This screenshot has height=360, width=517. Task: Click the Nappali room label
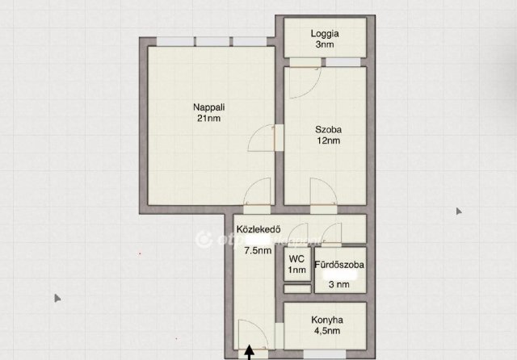pyautogui.click(x=208, y=107)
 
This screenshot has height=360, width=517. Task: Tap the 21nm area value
pyautogui.click(x=208, y=118)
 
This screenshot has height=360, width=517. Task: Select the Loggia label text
pyautogui.click(x=325, y=34)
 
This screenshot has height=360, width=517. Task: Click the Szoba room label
pyautogui.click(x=328, y=129)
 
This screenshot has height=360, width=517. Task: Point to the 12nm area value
pyautogui.click(x=329, y=140)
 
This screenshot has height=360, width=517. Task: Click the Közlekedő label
pyautogui.click(x=258, y=229)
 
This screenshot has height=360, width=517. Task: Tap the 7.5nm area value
pyautogui.click(x=258, y=251)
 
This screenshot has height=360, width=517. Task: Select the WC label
pyautogui.click(x=296, y=259)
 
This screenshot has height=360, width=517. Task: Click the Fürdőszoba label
pyautogui.click(x=339, y=265)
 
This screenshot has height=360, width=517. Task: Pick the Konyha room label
pyautogui.click(x=327, y=320)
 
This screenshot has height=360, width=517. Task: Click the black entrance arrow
pyautogui.click(x=250, y=352)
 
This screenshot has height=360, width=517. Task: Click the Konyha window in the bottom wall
pyautogui.click(x=325, y=354)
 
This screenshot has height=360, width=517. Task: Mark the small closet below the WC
pyautogui.click(x=297, y=289)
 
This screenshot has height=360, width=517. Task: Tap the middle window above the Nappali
pyautogui.click(x=212, y=41)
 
